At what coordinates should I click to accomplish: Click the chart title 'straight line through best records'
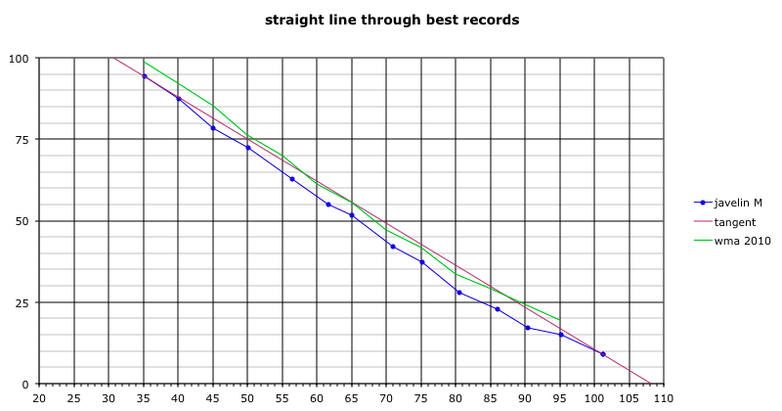(391, 20)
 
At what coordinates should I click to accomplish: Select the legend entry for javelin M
(738, 203)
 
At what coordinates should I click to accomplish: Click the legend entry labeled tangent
(734, 222)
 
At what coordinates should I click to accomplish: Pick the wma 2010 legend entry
(739, 242)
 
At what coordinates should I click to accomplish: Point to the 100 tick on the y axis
(20, 59)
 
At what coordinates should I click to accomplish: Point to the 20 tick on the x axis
(39, 398)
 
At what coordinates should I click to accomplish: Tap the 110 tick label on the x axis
(664, 398)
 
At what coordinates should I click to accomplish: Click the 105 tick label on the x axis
(630, 398)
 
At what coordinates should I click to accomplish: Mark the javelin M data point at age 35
(145, 76)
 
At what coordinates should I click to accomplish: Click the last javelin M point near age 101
(603, 354)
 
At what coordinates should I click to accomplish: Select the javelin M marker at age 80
(458, 293)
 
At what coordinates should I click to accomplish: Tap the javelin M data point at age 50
(248, 148)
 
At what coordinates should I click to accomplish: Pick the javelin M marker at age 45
(213, 128)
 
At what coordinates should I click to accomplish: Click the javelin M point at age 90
(528, 328)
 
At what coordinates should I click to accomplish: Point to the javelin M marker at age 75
(422, 262)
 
